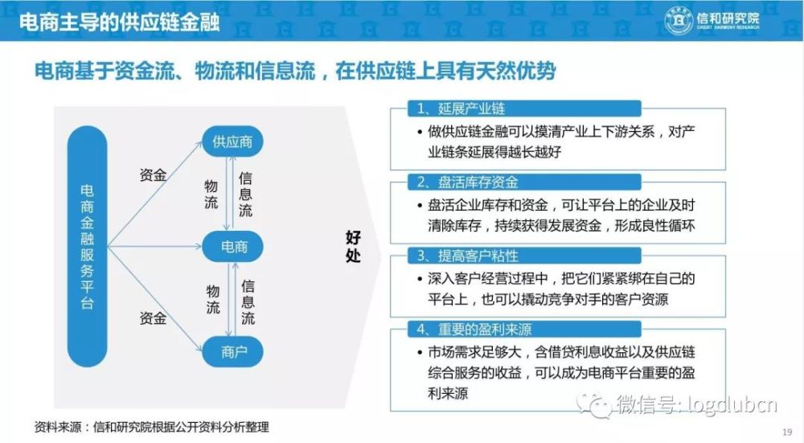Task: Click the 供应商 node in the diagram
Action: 232,141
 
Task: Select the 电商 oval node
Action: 233,247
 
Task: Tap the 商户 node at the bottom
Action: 233,351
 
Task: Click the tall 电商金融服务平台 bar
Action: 87,247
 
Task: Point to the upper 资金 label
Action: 153,174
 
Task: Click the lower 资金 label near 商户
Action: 153,318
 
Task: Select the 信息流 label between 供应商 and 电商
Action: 245,194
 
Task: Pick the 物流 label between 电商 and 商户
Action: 213,299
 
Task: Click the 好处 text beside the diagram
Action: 353,246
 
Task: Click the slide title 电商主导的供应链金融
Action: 120,22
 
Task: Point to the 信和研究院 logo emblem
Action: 679,20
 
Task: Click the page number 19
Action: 787,433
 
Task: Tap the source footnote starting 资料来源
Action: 152,427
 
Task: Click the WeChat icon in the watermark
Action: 595,405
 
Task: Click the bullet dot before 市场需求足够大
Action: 420,353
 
